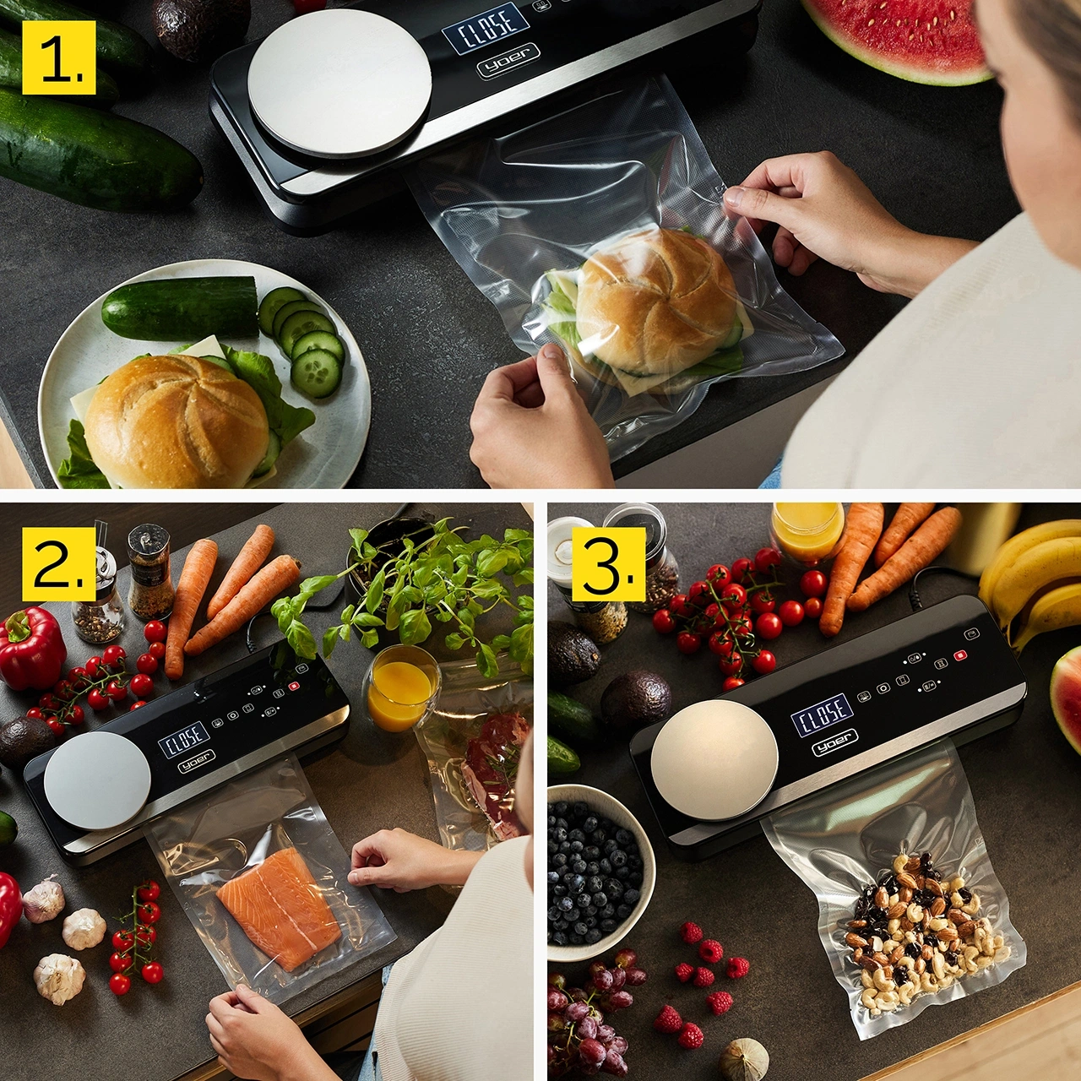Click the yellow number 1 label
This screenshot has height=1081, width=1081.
coord(59,57)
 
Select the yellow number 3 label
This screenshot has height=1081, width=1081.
coord(608,564)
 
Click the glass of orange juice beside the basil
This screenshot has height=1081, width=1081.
coord(400,687)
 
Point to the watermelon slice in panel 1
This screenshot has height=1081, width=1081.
coord(904,34)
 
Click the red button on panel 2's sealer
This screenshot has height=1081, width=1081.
coord(293,686)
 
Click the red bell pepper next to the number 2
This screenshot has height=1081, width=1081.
coord(31,649)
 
